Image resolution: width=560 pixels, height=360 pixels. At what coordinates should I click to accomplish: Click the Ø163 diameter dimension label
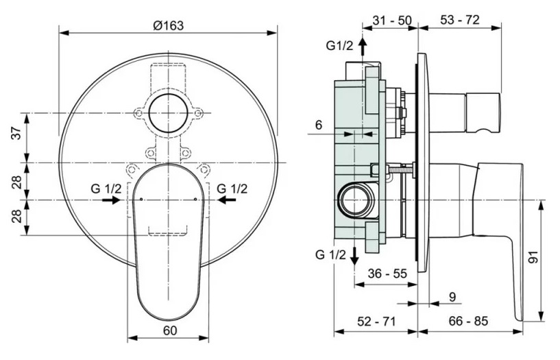[x=168, y=25]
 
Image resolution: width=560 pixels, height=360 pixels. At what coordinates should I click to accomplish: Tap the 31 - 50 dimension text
[x=392, y=21]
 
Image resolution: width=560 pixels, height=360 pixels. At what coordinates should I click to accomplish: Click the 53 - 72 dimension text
[x=459, y=21]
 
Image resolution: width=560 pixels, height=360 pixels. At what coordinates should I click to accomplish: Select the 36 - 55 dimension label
[x=387, y=273]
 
